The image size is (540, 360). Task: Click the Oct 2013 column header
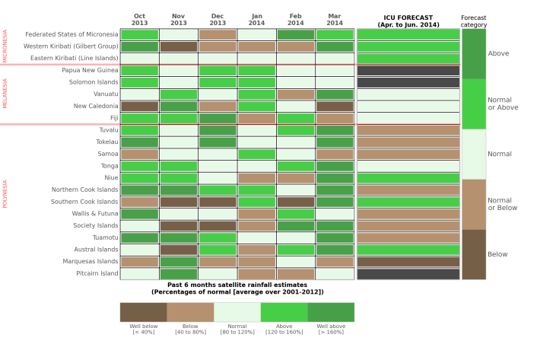click(139, 19)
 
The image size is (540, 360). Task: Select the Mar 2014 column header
click(335, 19)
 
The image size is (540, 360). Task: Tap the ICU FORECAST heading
click(408, 21)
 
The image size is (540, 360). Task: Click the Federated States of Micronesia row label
click(71, 34)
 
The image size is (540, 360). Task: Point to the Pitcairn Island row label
click(97, 273)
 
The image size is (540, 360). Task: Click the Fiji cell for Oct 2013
click(139, 118)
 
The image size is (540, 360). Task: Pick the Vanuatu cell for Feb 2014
click(296, 94)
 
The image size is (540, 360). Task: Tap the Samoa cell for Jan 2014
click(256, 154)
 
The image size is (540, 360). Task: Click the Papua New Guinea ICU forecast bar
click(408, 70)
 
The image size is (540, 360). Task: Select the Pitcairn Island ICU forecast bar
click(408, 273)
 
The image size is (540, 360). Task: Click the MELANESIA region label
click(5, 94)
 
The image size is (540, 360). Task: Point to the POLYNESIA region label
click(5, 193)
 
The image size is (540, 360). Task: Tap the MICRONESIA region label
click(5, 46)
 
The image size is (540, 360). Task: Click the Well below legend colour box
click(143, 312)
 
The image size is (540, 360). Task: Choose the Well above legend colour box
click(331, 312)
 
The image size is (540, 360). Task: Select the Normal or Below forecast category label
click(502, 203)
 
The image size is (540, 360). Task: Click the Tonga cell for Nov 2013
click(179, 166)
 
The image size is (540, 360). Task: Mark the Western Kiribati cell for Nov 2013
click(179, 46)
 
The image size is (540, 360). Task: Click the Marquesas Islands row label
click(91, 261)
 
